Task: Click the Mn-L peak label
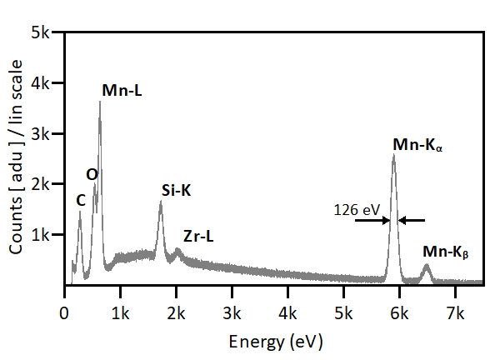tap(122, 90)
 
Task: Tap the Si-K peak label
tap(177, 191)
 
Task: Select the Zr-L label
tap(198, 237)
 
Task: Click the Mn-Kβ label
tap(446, 251)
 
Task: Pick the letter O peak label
tap(92, 173)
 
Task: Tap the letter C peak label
tap(80, 199)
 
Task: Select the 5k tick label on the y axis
tap(42, 32)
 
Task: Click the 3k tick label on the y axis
tap(42, 134)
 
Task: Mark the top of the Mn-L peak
tap(100, 102)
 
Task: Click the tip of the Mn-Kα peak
tap(393, 155)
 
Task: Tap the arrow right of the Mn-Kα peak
tap(412, 221)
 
